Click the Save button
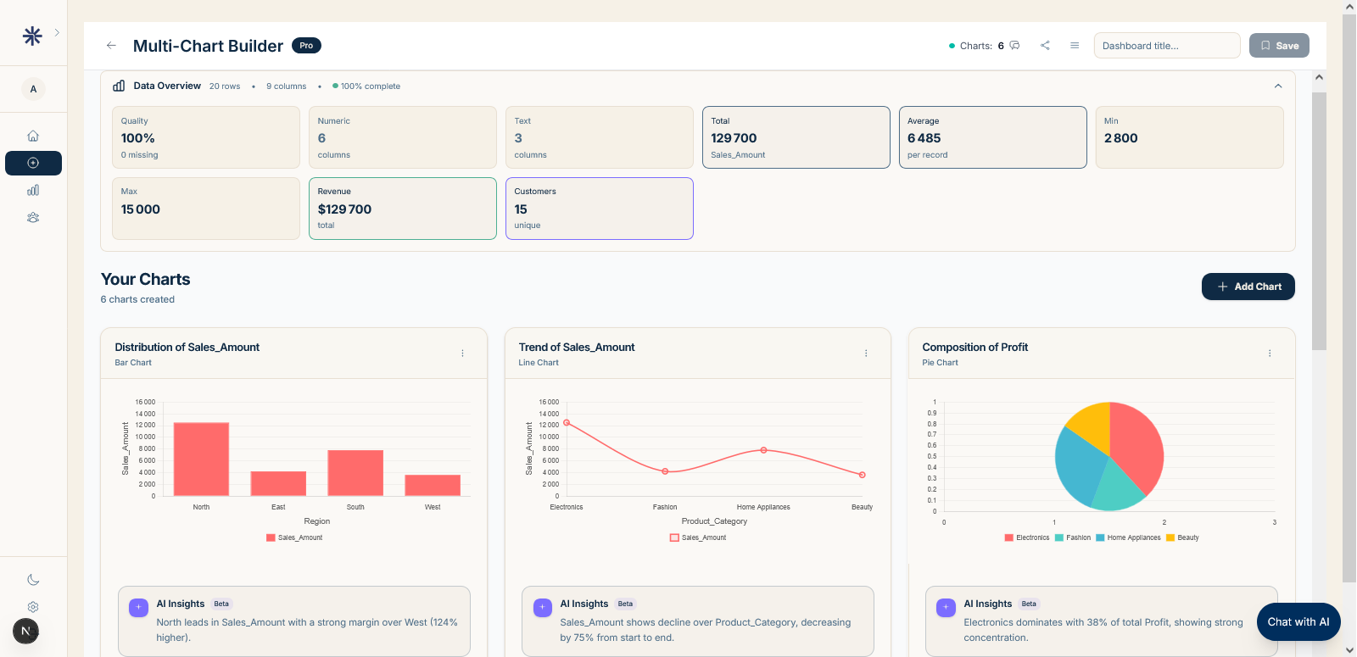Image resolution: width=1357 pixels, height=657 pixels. point(1279,46)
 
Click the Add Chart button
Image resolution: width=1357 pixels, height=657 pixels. point(1248,287)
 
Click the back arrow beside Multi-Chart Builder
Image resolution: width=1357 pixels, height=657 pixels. point(111,46)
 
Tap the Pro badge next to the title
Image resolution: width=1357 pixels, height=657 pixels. point(306,46)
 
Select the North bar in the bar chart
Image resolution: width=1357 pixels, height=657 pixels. point(201,459)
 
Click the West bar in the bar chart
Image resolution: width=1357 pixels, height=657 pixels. point(433,485)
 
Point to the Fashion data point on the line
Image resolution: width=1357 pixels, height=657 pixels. point(665,471)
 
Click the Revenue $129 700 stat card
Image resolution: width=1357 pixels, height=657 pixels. point(402,209)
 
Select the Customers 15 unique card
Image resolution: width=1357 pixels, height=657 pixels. point(599,209)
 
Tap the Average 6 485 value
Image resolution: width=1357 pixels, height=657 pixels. point(924,138)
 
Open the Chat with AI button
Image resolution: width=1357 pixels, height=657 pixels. point(1298,621)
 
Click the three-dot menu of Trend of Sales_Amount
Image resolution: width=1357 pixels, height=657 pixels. point(866,354)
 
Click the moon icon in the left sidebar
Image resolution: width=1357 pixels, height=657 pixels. point(33,580)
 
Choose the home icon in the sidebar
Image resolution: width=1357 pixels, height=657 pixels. point(33,136)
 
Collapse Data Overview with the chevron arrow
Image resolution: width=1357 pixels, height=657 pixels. point(1278,86)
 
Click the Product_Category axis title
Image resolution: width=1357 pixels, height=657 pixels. point(714,521)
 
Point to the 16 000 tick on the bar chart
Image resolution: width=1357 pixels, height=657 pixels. point(145,402)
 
